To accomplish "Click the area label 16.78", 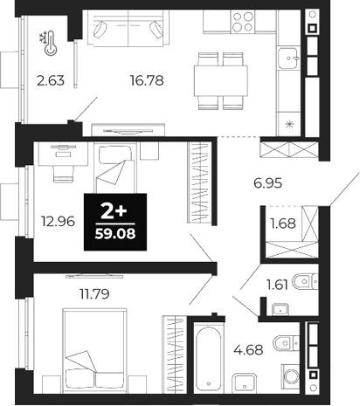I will click(x=146, y=82).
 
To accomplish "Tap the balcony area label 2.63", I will click(x=51, y=83).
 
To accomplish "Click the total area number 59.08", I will click(x=114, y=233).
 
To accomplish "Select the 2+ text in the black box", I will click(x=113, y=210).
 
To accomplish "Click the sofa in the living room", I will click(x=129, y=31).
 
